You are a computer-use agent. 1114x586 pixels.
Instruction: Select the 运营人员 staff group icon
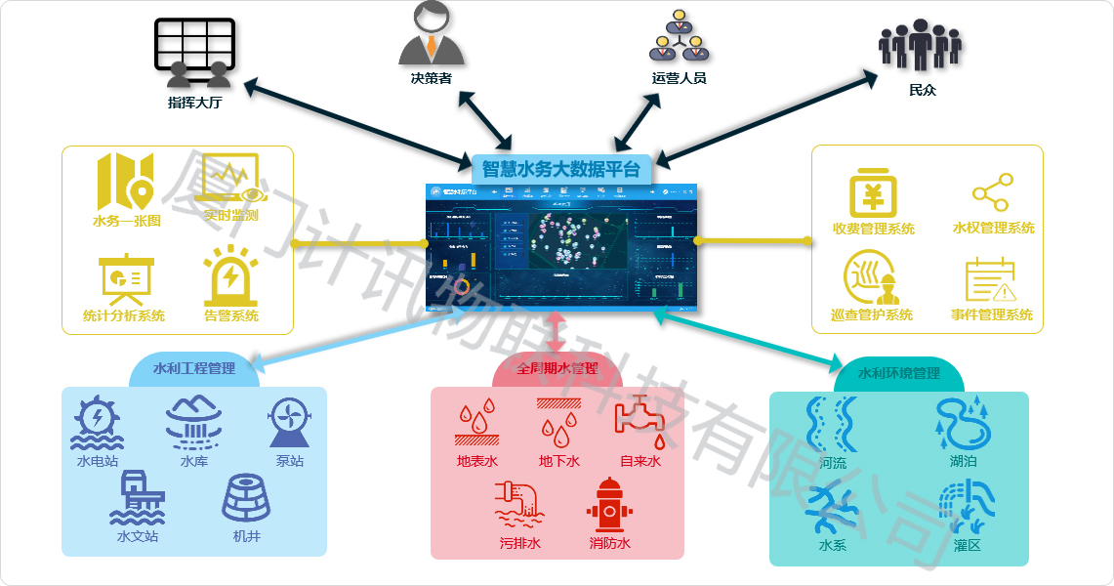(680, 36)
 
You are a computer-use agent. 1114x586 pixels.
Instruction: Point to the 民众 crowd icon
(920, 46)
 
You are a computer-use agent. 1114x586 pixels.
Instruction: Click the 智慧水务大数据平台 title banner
(561, 169)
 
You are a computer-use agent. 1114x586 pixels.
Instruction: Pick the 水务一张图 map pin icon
(125, 182)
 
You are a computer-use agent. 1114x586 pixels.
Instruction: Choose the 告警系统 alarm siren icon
(231, 276)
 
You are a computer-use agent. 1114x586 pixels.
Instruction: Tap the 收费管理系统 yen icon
(873, 193)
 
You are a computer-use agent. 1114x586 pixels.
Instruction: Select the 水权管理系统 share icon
(992, 193)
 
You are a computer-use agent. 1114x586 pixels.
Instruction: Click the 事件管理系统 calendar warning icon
(991, 280)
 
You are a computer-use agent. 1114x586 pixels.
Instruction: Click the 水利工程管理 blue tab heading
(194, 369)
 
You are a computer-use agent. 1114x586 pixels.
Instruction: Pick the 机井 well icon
(246, 498)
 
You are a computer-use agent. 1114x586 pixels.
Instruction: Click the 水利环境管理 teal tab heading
(898, 373)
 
